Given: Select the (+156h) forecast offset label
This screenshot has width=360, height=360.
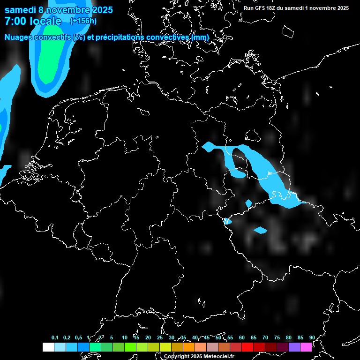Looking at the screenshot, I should [83, 21].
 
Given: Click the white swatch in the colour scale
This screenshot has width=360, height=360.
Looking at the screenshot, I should [48, 347].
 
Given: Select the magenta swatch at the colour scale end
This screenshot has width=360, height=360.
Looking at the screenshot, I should [306, 347].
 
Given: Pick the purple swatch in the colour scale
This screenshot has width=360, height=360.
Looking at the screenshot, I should [294, 347].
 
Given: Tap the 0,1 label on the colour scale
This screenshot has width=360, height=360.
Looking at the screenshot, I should [55, 337].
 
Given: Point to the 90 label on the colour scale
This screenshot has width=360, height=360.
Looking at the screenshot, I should [312, 337].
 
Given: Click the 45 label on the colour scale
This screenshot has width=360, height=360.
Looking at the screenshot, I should [207, 337].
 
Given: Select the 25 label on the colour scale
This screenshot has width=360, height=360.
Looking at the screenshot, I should [160, 337].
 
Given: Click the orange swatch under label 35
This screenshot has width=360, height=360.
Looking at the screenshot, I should [189, 347].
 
